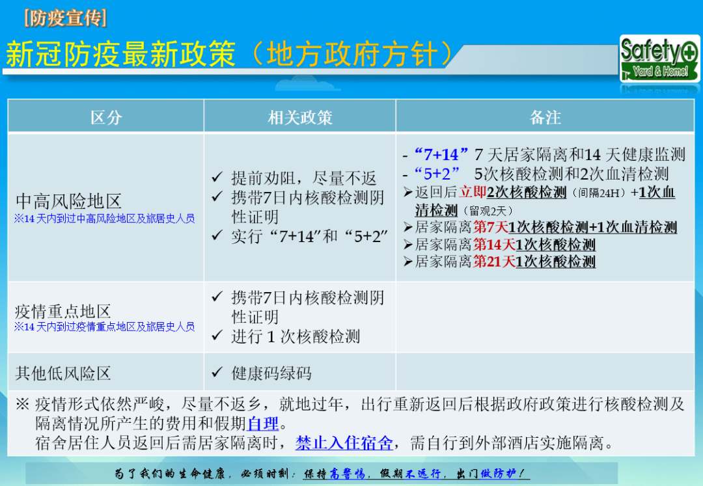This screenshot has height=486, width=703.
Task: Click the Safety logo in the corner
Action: tap(659, 58)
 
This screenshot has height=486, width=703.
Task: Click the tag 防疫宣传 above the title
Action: tap(64, 18)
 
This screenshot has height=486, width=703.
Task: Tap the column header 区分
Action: tap(106, 117)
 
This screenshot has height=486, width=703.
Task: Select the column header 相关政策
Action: tap(300, 117)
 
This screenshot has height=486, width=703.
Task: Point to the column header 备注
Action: tap(545, 117)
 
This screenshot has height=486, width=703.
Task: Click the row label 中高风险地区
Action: tap(68, 200)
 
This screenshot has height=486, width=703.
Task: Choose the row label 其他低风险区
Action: tap(63, 373)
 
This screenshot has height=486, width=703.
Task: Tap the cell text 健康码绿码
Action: tap(271, 373)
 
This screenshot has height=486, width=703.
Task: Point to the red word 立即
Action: tap(473, 193)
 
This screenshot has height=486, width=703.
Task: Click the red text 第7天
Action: tap(490, 227)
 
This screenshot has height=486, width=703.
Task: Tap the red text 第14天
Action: tap(494, 245)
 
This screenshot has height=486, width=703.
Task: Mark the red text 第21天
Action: tap(494, 262)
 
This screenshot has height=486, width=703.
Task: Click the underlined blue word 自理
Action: tap(263, 424)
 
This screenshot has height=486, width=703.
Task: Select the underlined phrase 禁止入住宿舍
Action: tap(344, 444)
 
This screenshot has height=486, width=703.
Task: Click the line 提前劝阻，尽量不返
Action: tap(304, 178)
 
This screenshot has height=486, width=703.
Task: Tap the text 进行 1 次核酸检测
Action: tap(296, 336)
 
